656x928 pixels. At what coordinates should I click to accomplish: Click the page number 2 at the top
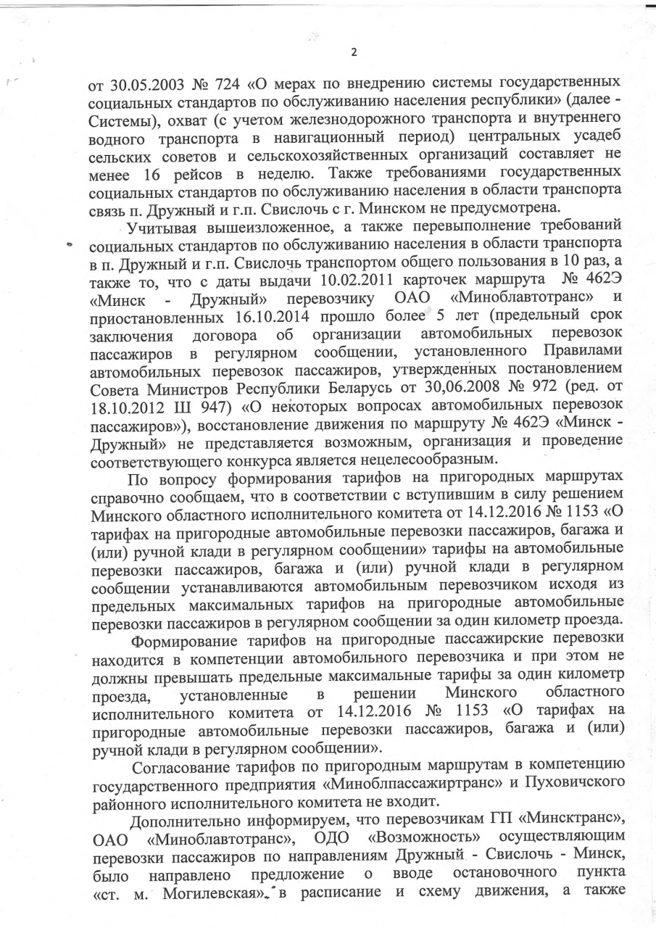[x=354, y=51]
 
